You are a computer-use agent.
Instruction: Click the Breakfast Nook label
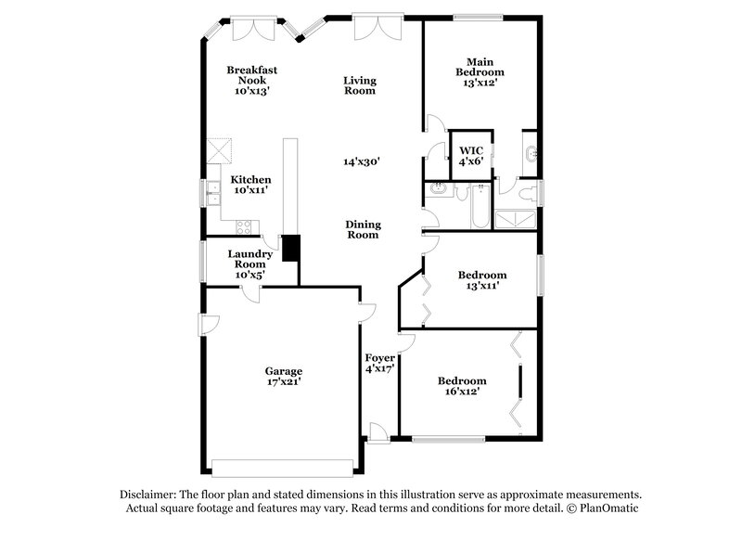tap(251, 81)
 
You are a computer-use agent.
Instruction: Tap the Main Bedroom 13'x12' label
tap(480, 72)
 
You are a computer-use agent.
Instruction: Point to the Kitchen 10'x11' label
tap(251, 185)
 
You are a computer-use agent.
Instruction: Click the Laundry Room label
tap(251, 264)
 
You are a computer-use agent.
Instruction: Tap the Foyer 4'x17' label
tap(380, 363)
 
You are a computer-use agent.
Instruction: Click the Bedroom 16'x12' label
tap(462, 386)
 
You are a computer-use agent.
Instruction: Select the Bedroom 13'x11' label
tap(482, 280)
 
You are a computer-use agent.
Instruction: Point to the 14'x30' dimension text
tap(361, 161)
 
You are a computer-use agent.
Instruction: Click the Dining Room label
tap(363, 229)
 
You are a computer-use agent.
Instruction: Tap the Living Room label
tap(359, 85)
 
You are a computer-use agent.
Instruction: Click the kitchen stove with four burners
tap(246, 225)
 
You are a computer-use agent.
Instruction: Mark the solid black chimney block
tap(290, 248)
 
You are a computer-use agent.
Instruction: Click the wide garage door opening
tap(283, 466)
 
